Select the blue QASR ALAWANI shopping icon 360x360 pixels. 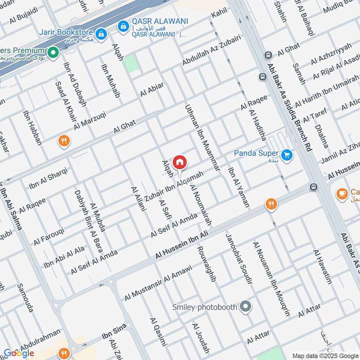tap(122, 27)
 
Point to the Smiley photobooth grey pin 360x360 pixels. tap(245, 307)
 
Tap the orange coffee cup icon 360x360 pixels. tap(342, 194)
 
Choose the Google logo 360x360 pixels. tap(19, 353)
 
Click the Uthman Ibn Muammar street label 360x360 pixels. tap(202, 138)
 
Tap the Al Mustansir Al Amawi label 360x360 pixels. tap(158, 283)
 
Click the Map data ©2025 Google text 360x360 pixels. tap(325, 355)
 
